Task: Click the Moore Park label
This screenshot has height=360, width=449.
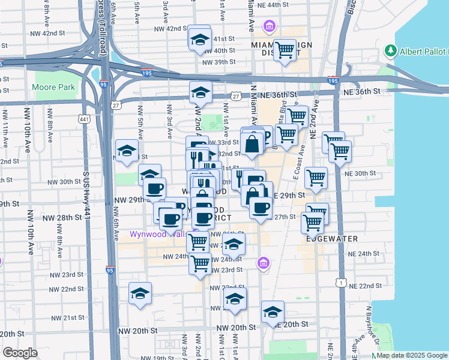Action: pos(55,87)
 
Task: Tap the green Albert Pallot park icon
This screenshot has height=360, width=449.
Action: pos(392,50)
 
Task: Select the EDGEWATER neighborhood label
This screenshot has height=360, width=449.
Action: pos(332,239)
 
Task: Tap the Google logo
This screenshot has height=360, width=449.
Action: pos(20,353)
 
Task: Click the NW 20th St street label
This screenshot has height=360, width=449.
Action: pos(137,331)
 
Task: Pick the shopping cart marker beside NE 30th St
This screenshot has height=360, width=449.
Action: pos(316,177)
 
